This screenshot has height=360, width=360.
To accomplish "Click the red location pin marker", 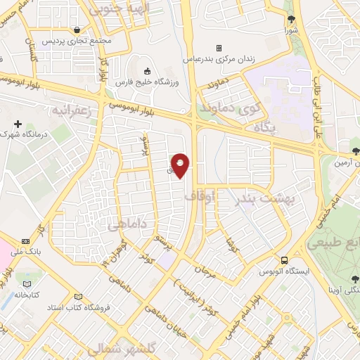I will pos(180,165).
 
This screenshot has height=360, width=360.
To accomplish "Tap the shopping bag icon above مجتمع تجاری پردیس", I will pos(76,30).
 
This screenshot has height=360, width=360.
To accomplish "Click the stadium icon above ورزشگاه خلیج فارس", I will pos(148,71).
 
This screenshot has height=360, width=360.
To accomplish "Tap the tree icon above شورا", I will pos(291,19).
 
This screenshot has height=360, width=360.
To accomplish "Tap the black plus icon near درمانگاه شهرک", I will pos(18,124).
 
